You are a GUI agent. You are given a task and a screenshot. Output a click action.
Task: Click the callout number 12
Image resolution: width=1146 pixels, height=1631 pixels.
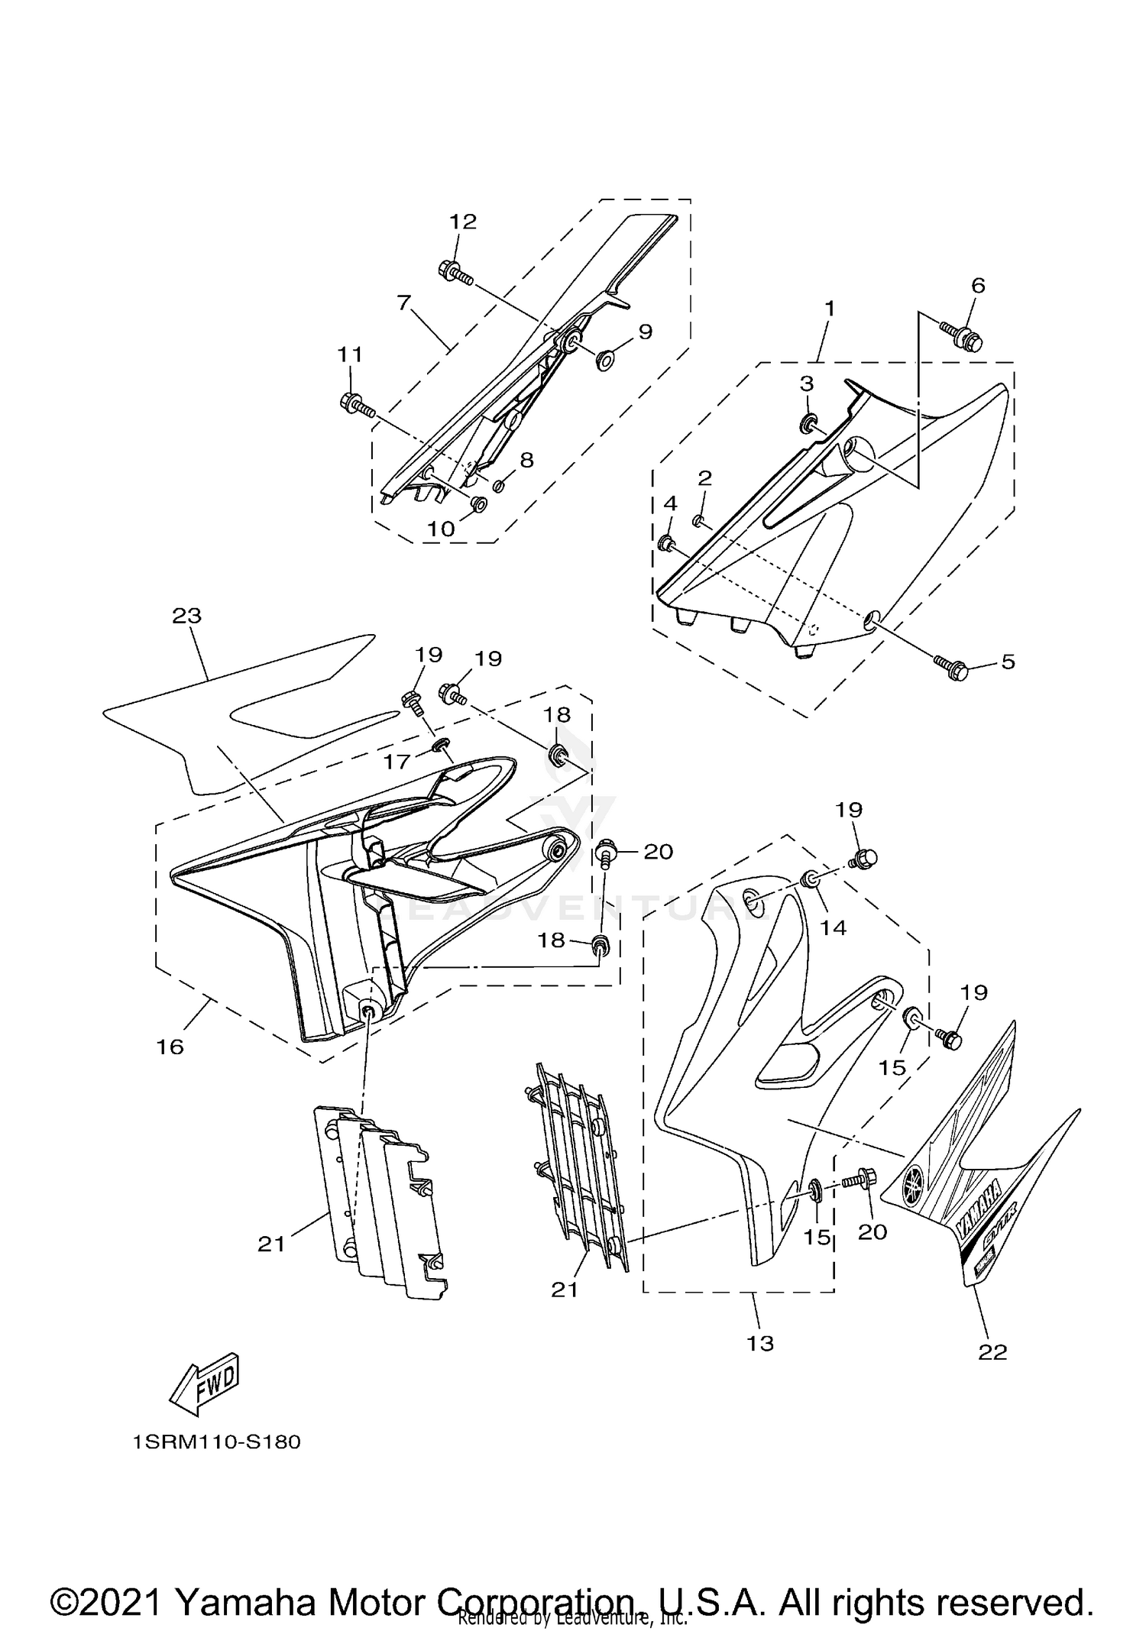(x=463, y=222)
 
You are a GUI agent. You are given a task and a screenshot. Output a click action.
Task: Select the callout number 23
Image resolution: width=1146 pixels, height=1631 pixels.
(x=186, y=615)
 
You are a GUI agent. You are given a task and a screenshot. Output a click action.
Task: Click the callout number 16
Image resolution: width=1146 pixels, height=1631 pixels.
(x=170, y=1047)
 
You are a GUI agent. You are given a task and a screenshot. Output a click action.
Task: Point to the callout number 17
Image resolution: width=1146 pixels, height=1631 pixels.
(x=397, y=760)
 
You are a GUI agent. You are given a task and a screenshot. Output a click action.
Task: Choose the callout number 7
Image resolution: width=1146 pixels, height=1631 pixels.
(x=404, y=303)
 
